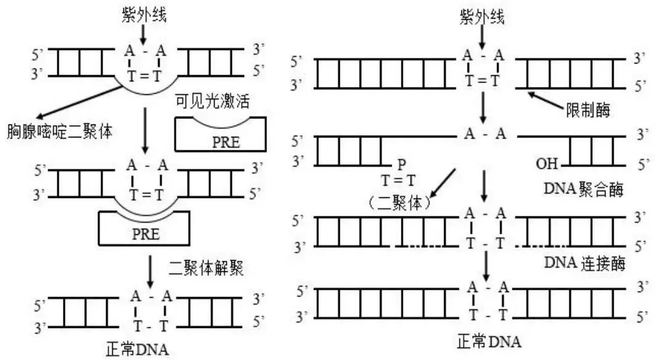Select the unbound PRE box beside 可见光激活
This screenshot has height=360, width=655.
[x=221, y=136]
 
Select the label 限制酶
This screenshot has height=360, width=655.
[x=587, y=110]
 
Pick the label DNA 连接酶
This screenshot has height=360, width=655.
[x=585, y=263]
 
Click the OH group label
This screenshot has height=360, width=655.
[x=546, y=165]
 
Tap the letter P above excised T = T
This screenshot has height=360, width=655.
[x=401, y=165]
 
